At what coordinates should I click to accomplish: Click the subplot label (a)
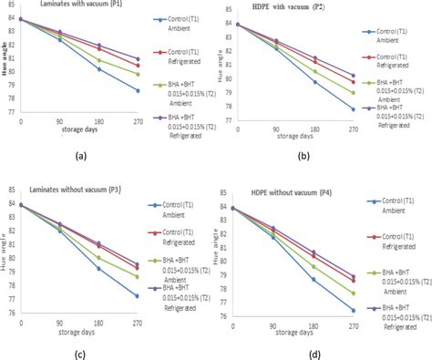point(79,156)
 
